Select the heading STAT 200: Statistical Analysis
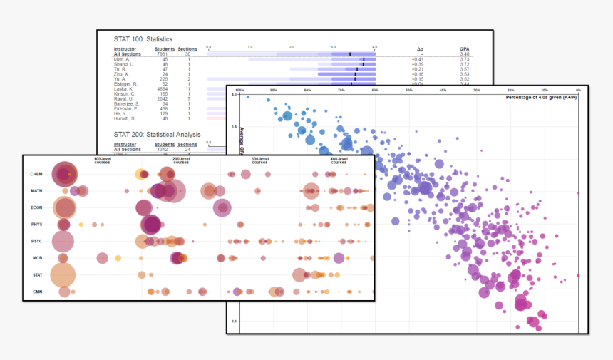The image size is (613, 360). point(157,134)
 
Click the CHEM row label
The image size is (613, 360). point(36,174)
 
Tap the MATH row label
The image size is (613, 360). point(36,191)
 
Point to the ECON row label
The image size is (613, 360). point(36,207)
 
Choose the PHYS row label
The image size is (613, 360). point(36,225)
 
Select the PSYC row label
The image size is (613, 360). point(36,242)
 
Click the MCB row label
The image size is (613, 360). point(36,258)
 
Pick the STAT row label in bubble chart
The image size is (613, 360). point(36,275)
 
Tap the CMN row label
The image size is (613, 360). point(36,292)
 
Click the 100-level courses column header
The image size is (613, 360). point(103,160)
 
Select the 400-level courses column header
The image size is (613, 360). point(339,160)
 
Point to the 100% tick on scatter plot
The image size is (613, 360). point(240,91)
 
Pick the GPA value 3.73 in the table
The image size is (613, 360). point(465,59)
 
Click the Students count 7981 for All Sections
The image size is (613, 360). point(160,54)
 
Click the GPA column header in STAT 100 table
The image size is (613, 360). point(465,49)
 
